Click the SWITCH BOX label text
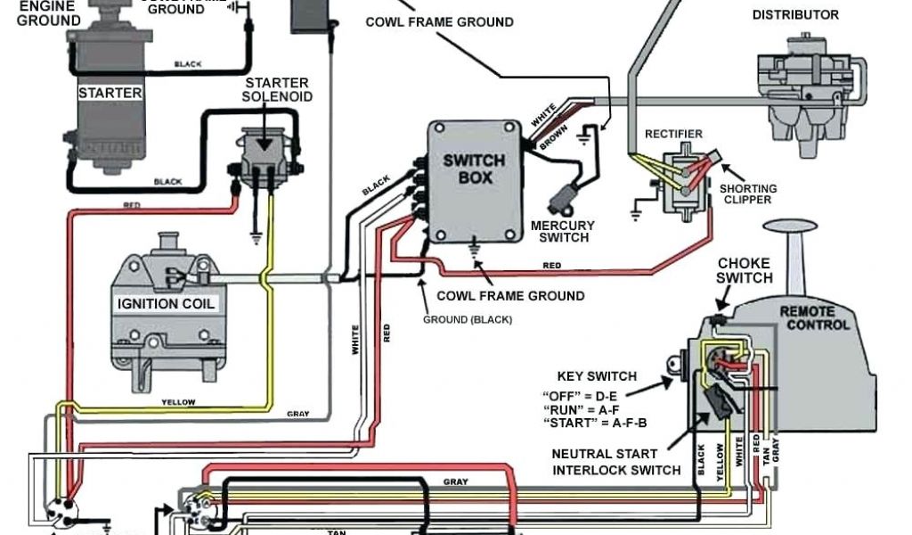(475, 169)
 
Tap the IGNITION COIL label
(167, 303)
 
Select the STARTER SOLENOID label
(279, 89)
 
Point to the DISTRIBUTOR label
(795, 14)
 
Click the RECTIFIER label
(673, 134)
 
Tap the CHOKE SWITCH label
(745, 270)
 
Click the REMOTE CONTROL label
(815, 317)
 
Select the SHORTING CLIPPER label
(748, 193)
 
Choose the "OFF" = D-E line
(580, 394)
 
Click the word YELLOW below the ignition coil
(178, 403)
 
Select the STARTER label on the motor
(110, 93)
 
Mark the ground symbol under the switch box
(475, 252)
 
